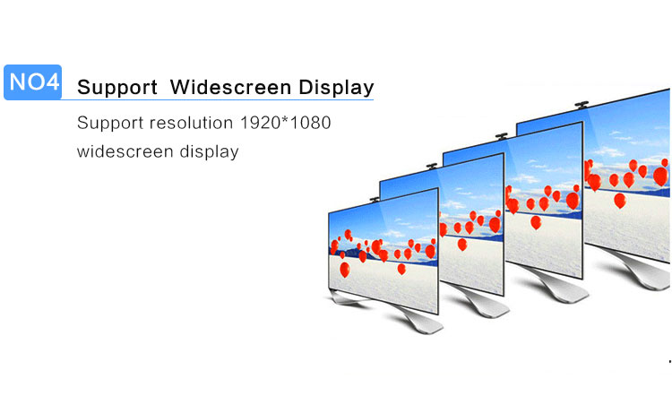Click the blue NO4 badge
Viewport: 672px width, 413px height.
(x=32, y=82)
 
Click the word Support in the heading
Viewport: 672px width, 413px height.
(x=117, y=88)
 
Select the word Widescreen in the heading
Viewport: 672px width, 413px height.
(x=230, y=87)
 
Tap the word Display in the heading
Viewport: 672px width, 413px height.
(x=336, y=88)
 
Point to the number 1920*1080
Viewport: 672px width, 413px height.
(x=286, y=123)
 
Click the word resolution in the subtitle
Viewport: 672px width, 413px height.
(x=191, y=123)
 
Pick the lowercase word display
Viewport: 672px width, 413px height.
(x=209, y=152)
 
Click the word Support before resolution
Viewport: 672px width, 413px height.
(x=110, y=124)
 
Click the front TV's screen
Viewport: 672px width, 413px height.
(x=383, y=251)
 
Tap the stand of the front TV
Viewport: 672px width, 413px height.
(x=399, y=314)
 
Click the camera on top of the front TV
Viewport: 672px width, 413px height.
(x=375, y=199)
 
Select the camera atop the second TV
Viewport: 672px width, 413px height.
(x=432, y=166)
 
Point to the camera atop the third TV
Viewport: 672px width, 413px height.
(x=502, y=137)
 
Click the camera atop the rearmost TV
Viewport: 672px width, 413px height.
(x=582, y=104)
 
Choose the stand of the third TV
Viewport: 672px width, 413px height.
(x=553, y=286)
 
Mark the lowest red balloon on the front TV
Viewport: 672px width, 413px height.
(x=345, y=270)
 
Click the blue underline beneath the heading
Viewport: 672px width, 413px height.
(x=218, y=99)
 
